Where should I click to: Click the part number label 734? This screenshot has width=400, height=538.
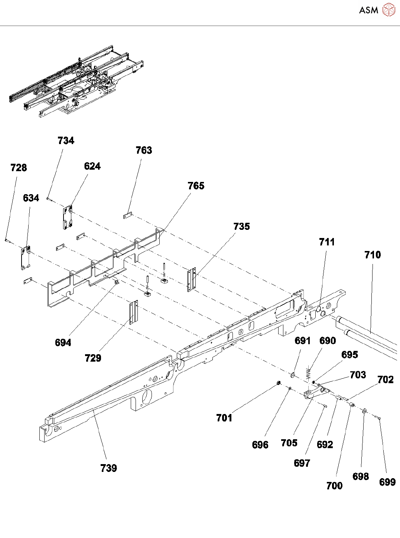66,141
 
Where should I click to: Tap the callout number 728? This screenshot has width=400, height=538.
19,168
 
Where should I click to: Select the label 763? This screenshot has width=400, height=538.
144,150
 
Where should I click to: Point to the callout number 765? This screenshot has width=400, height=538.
196,186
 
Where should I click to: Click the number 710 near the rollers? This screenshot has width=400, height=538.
373,255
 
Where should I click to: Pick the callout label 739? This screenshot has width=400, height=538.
108,468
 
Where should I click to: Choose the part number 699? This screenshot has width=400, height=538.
387,482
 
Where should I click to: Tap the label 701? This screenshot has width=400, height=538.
224,418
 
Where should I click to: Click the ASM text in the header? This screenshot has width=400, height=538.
368,10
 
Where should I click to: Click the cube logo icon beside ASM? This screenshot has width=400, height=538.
388,10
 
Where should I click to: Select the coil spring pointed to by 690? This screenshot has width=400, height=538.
308,373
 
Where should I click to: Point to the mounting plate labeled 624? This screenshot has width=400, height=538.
67,218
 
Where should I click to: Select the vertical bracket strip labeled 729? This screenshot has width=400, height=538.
133,313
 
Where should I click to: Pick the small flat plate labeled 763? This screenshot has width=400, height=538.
127,215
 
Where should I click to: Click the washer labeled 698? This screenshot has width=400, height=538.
364,411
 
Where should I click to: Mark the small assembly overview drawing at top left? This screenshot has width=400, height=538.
76,82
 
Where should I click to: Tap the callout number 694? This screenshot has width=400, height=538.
63,343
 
